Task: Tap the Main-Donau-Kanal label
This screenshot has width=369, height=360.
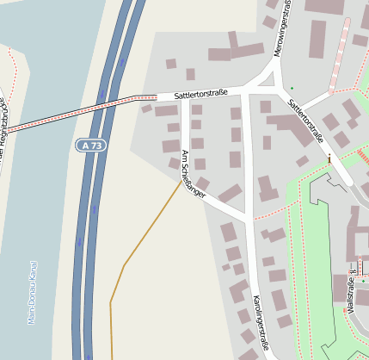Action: pos(32,293)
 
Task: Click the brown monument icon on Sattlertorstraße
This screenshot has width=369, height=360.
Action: pos(329,158)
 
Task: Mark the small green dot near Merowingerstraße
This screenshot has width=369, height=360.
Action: pos(292,87)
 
